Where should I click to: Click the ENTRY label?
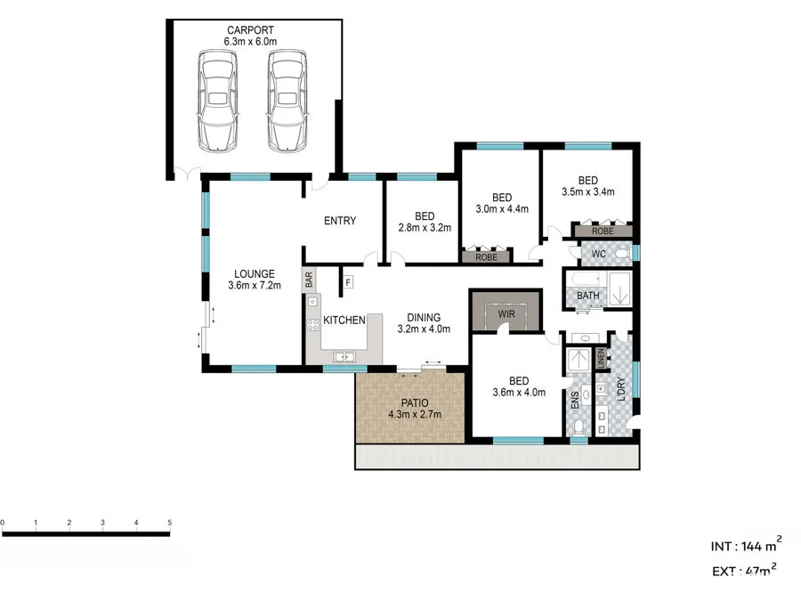tap(340, 221)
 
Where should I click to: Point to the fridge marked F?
tap(348, 283)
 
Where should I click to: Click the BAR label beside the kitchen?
tap(310, 279)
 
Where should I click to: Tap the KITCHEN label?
tap(344, 320)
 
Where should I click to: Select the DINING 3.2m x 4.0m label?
tap(423, 322)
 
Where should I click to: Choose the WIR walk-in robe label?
tap(506, 314)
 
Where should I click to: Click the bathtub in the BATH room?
tap(619, 291)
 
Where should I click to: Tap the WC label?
tap(598, 254)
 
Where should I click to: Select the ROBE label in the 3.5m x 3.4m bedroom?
tap(603, 231)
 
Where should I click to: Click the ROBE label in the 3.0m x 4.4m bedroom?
tap(486, 256)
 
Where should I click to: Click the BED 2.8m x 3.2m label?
tap(424, 222)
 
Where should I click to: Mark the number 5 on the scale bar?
tap(169, 523)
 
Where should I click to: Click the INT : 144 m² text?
tap(745, 544)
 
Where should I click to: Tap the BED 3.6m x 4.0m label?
tap(518, 386)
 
